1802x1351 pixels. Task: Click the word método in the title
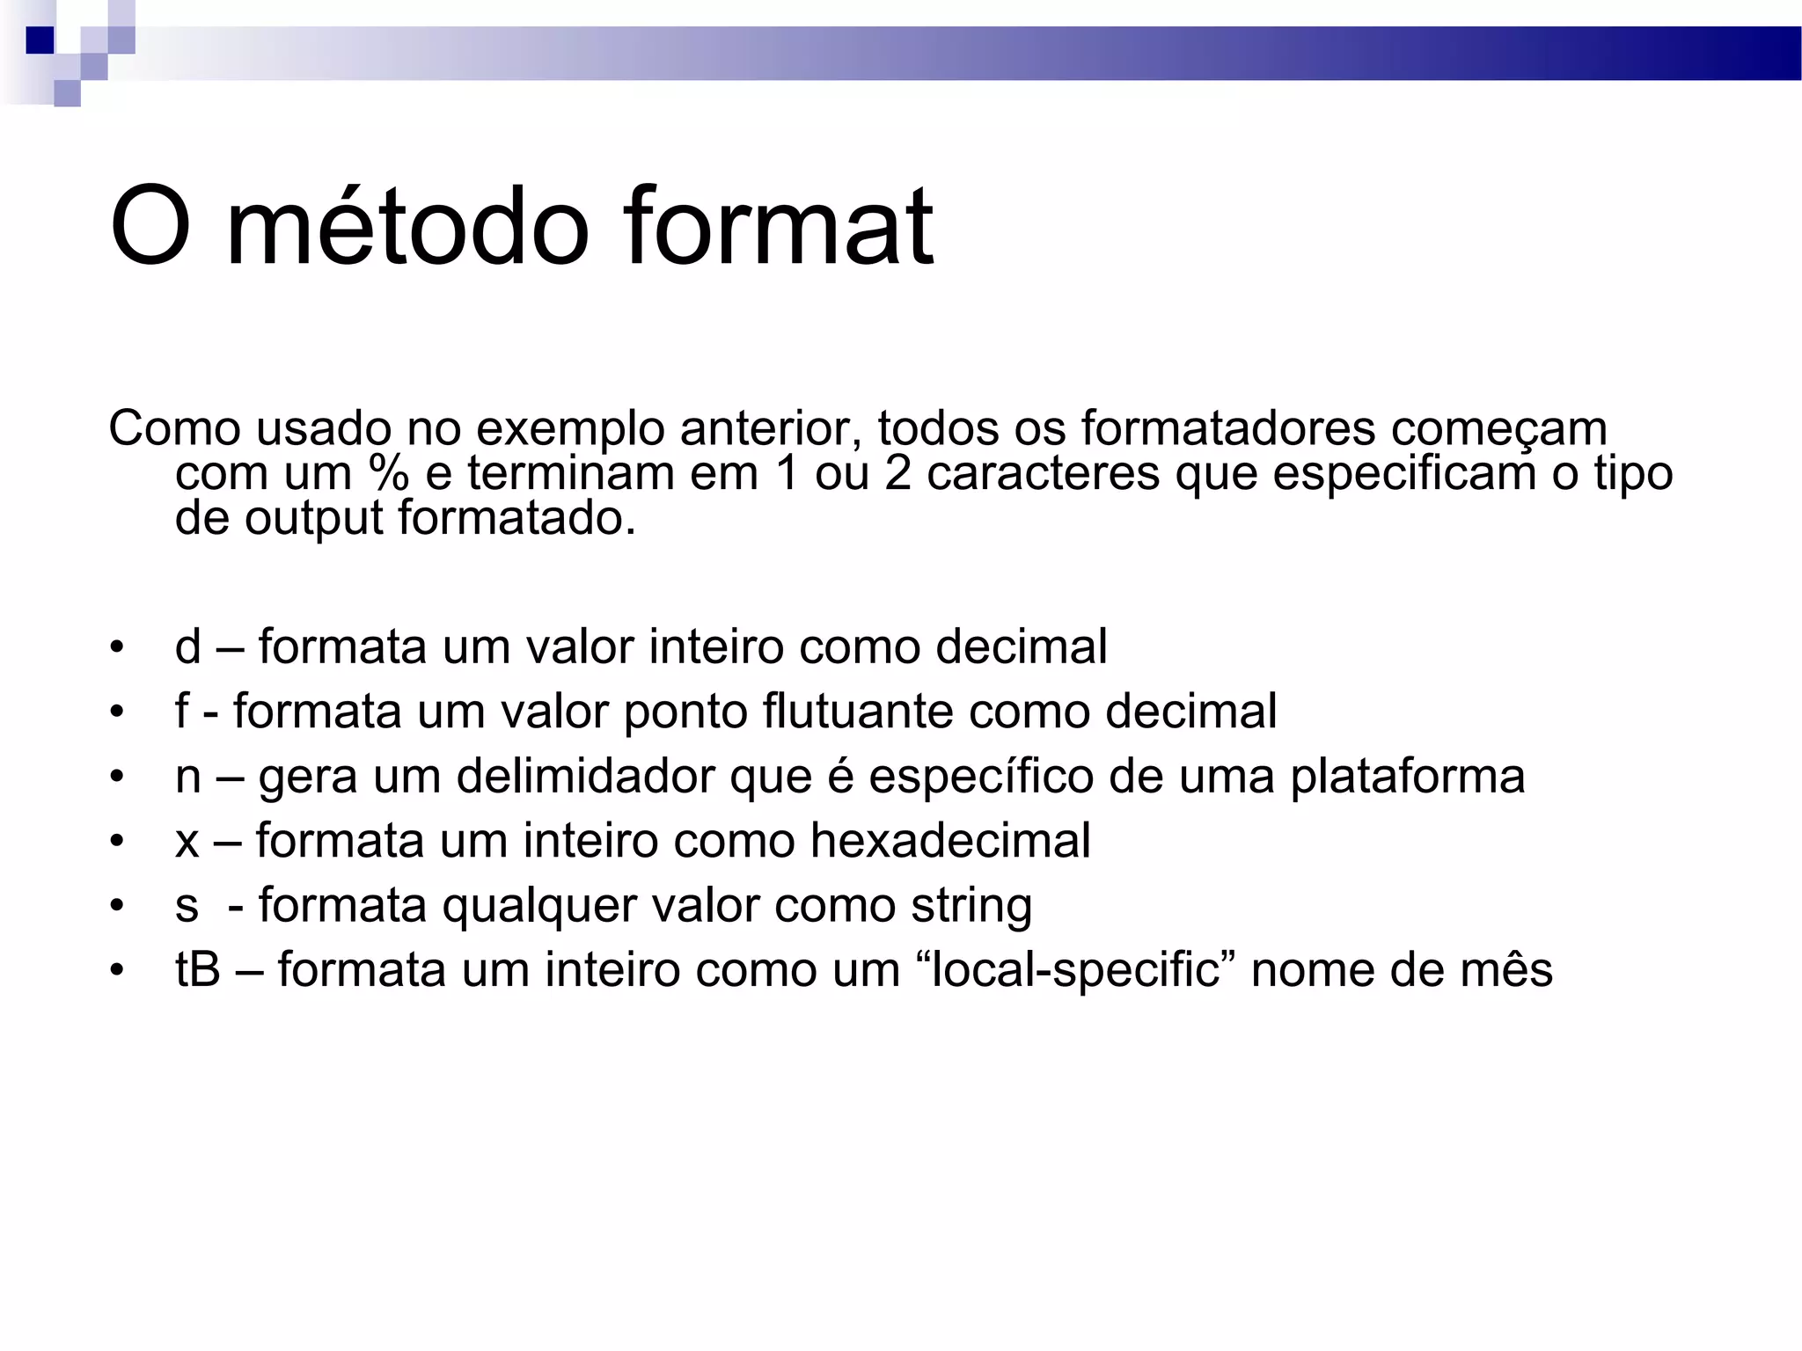click(x=407, y=227)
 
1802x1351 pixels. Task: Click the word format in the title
click(x=778, y=227)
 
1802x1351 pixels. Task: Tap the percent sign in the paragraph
click(x=389, y=473)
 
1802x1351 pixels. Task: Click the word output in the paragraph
click(x=314, y=517)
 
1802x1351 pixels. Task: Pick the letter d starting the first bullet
click(x=188, y=646)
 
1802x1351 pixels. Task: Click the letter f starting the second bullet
click(x=182, y=711)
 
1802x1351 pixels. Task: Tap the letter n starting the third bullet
click(x=188, y=777)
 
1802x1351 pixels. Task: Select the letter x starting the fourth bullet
click(x=187, y=841)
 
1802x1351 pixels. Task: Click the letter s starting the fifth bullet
click(x=187, y=906)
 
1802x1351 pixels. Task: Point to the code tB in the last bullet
click(x=197, y=969)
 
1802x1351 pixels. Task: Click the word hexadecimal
click(x=950, y=840)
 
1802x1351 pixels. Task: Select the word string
click(x=971, y=906)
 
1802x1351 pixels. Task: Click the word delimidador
click(x=585, y=776)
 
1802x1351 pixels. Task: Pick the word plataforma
click(x=1407, y=777)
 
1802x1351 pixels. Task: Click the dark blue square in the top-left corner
click(x=40, y=40)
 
